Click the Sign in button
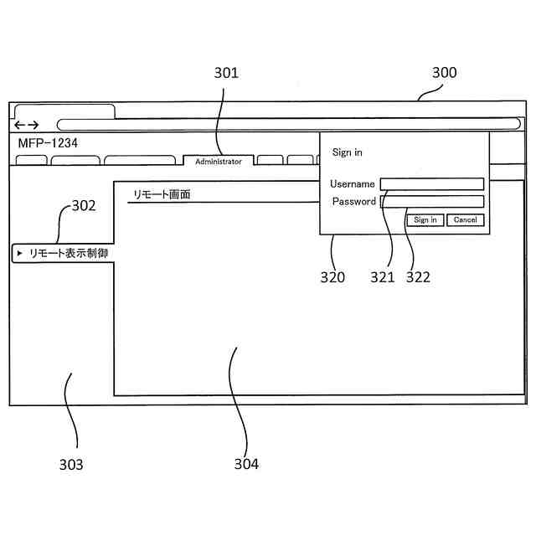pos(425,220)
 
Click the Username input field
pos(432,184)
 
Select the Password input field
pos(432,202)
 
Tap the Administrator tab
pos(219,161)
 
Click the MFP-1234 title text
pos(48,143)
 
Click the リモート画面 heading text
pos(162,194)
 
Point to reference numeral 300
pos(444,73)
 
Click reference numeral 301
pos(226,73)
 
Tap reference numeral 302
pos(82,204)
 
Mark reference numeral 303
pos(70,464)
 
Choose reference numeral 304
pos(246,464)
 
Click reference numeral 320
pos(332,278)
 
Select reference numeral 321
pos(382,278)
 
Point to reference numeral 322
pos(418,278)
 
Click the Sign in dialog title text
pos(347,152)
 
